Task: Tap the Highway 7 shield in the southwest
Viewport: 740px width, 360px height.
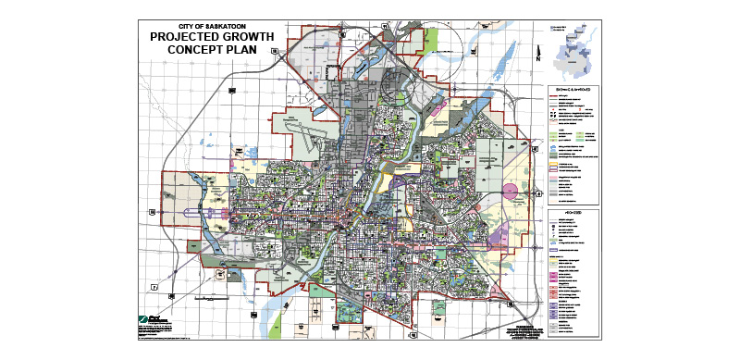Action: pyautogui.click(x=156, y=287)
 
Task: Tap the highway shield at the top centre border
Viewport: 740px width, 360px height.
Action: pyautogui.click(x=342, y=34)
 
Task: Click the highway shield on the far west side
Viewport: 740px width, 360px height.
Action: pyautogui.click(x=151, y=212)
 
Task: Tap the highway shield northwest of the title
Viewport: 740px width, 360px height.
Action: pyautogui.click(x=274, y=53)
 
